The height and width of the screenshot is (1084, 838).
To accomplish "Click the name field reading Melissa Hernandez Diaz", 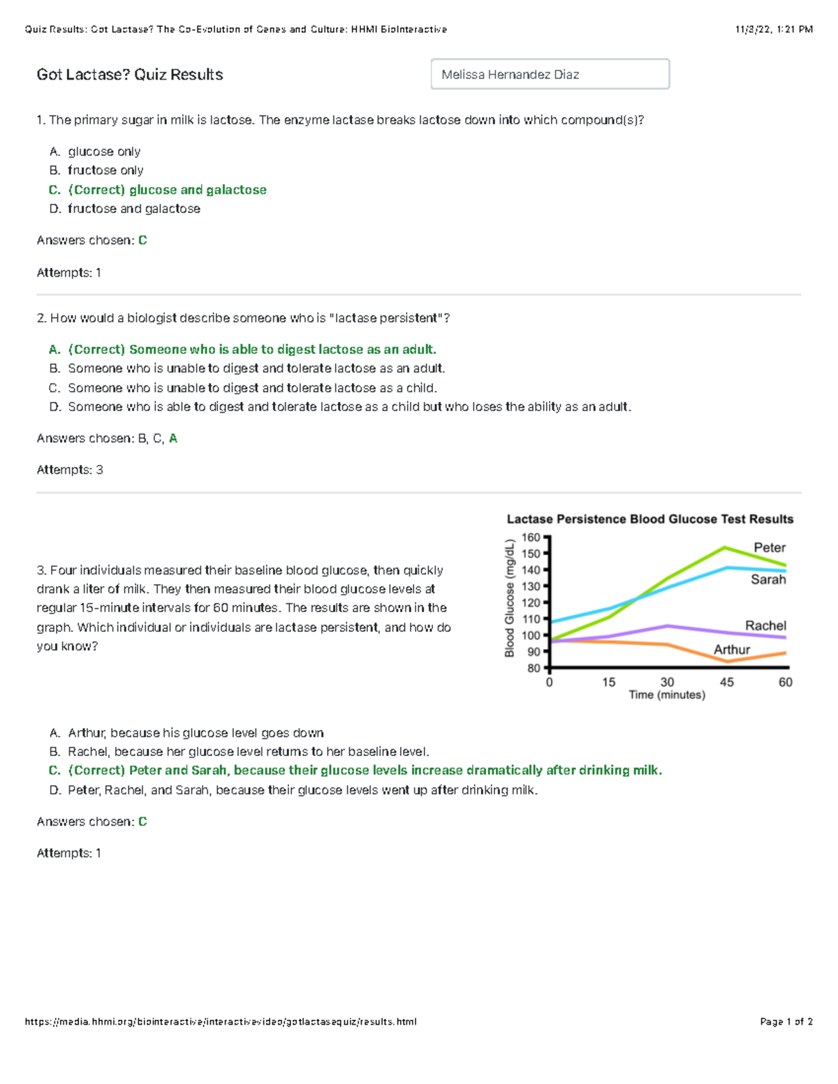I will point(550,74).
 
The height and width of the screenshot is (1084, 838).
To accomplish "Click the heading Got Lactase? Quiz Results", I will point(130,75).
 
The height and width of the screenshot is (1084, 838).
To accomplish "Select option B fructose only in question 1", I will point(105,170).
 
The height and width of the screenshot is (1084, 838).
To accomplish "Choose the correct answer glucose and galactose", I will point(167,190).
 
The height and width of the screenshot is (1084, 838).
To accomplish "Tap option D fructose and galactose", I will point(133,209).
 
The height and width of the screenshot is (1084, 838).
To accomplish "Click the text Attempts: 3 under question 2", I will point(70,470).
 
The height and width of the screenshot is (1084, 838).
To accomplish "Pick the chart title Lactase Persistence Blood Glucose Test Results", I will point(649,519).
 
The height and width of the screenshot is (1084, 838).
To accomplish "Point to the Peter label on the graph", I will point(769,548).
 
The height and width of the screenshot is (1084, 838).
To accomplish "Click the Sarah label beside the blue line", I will point(767,579).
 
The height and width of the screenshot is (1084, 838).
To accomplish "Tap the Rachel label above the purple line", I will point(765,625).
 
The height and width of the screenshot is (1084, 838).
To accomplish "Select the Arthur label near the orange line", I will point(731,650).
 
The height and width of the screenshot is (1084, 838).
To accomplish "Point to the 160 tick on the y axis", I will point(531,537).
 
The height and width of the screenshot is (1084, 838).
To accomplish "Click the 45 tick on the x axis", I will point(726,682).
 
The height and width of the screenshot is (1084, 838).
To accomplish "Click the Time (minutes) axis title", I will point(666,695).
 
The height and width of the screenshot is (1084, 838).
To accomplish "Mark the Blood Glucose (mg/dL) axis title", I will point(510,598).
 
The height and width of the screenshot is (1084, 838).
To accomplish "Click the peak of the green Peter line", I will point(725,547).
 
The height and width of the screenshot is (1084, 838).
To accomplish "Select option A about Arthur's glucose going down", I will point(196,733).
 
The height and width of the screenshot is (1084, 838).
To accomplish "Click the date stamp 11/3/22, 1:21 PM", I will point(773,29).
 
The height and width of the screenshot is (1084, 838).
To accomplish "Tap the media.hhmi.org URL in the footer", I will point(221,1022).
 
